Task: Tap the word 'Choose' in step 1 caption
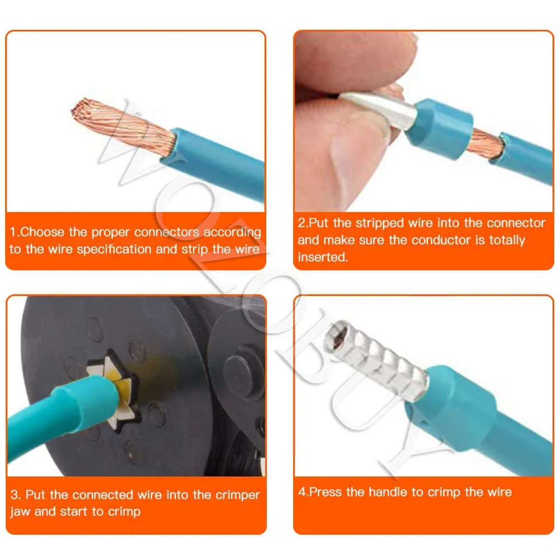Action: [x=43, y=232]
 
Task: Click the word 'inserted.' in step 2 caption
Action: [x=323, y=257]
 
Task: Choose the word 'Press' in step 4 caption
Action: [x=326, y=492]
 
